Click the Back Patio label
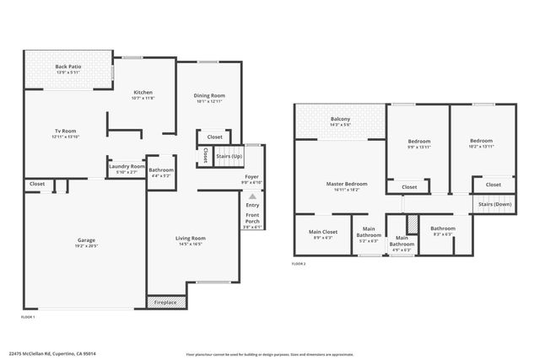click(x=67, y=67)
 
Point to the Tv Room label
click(x=66, y=132)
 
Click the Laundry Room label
click(x=127, y=166)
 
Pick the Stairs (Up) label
click(x=229, y=156)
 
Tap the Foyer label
click(x=251, y=178)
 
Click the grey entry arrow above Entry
click(x=251, y=196)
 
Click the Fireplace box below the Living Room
click(x=165, y=302)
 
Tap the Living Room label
click(x=191, y=239)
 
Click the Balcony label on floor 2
click(x=341, y=120)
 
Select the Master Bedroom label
click(x=347, y=183)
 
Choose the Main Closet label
click(x=322, y=232)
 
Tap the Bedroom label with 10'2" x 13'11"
click(x=481, y=141)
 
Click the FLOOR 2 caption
click(x=299, y=264)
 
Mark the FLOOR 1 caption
click(x=28, y=317)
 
